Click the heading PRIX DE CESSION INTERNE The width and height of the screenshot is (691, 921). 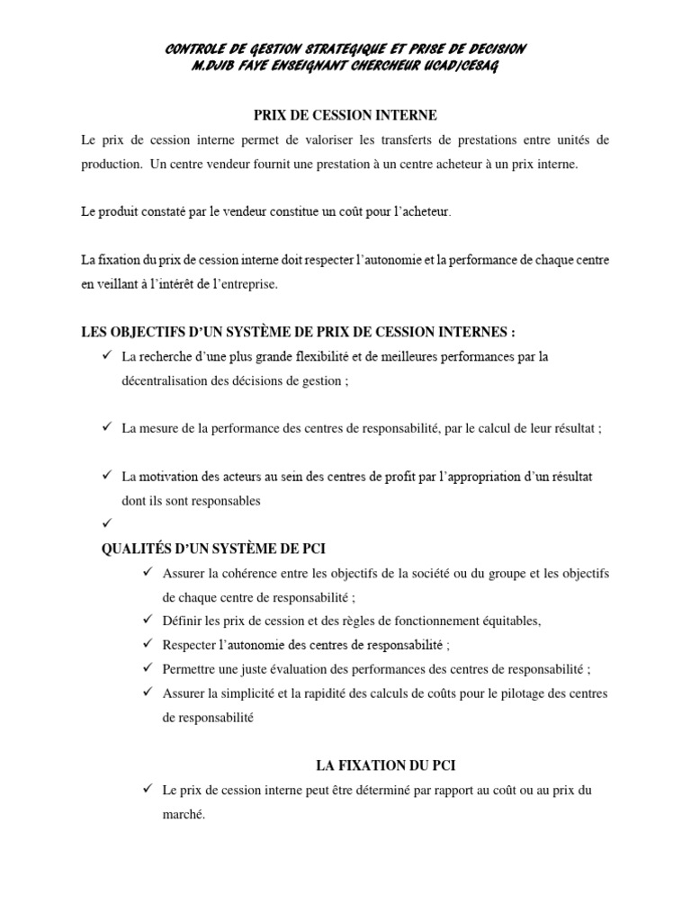(345, 115)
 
